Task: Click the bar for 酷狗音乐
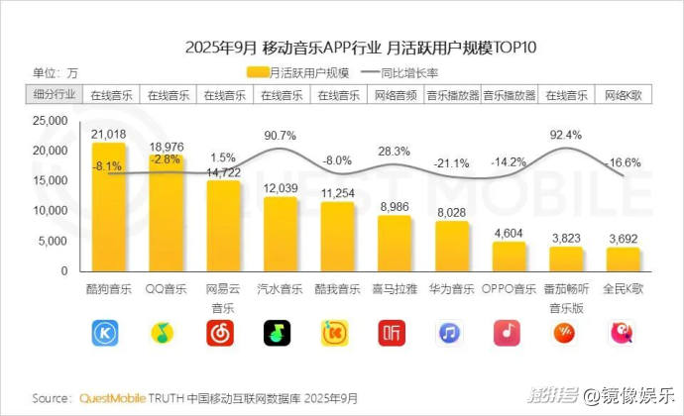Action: tap(108, 207)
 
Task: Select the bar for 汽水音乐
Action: tap(281, 234)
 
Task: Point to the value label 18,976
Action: tap(167, 147)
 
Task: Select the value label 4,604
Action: tap(509, 233)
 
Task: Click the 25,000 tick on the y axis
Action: tap(49, 121)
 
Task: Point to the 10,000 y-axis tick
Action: tap(49, 211)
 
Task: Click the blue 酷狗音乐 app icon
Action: tap(108, 333)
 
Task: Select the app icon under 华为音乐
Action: tap(452, 333)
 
